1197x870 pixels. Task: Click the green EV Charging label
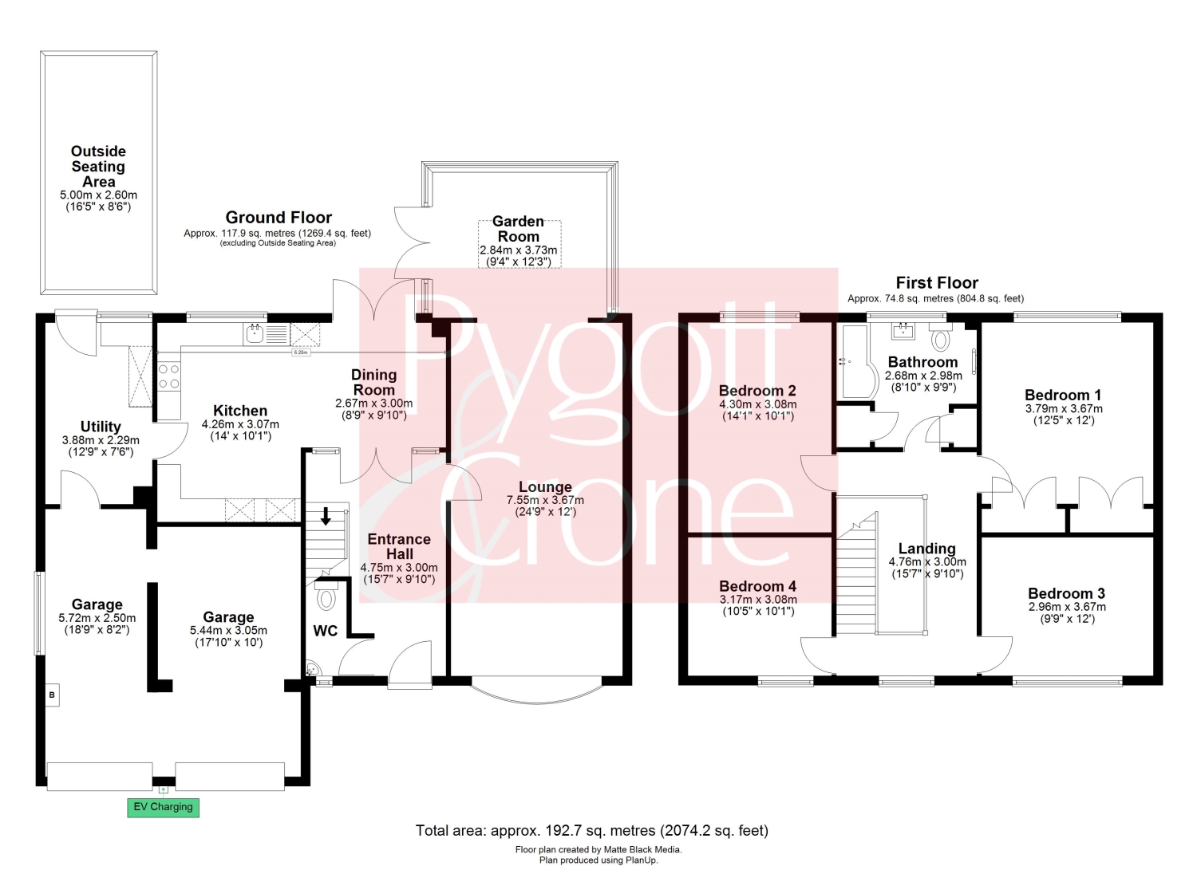[163, 807]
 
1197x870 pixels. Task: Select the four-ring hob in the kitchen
[169, 376]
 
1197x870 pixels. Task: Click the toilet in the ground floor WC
[326, 595]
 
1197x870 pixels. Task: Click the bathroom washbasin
[903, 331]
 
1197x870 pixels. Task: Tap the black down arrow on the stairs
[325, 517]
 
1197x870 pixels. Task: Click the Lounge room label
[545, 486]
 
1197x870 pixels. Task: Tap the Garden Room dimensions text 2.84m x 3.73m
[518, 250]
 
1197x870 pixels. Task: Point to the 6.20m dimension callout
[301, 352]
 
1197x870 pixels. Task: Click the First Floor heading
[937, 282]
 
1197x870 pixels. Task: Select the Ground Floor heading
[279, 218]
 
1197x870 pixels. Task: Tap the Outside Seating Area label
[98, 166]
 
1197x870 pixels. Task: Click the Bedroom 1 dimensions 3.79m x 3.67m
[1064, 408]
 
